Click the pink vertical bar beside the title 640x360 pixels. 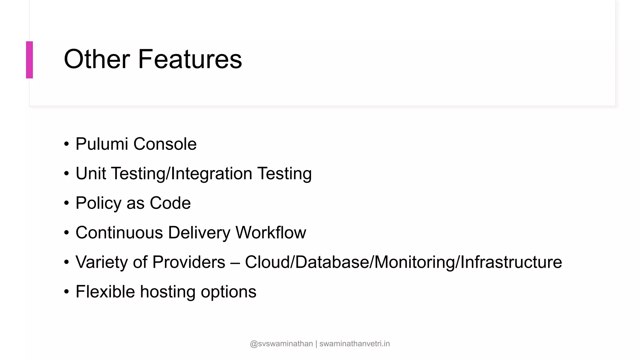click(x=29, y=60)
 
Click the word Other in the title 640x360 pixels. click(x=97, y=59)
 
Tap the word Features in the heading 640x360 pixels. click(x=190, y=59)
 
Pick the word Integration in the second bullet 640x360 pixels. click(x=212, y=173)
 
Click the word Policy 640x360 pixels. click(x=98, y=203)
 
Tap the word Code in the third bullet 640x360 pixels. click(x=170, y=203)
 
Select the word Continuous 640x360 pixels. click(x=119, y=232)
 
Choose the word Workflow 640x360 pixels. click(x=271, y=232)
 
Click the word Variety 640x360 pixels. click(x=102, y=262)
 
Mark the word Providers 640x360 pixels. click(x=189, y=262)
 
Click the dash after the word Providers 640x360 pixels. click(x=235, y=262)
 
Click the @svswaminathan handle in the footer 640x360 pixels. click(x=281, y=344)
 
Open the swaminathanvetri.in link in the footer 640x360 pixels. click(x=354, y=344)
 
